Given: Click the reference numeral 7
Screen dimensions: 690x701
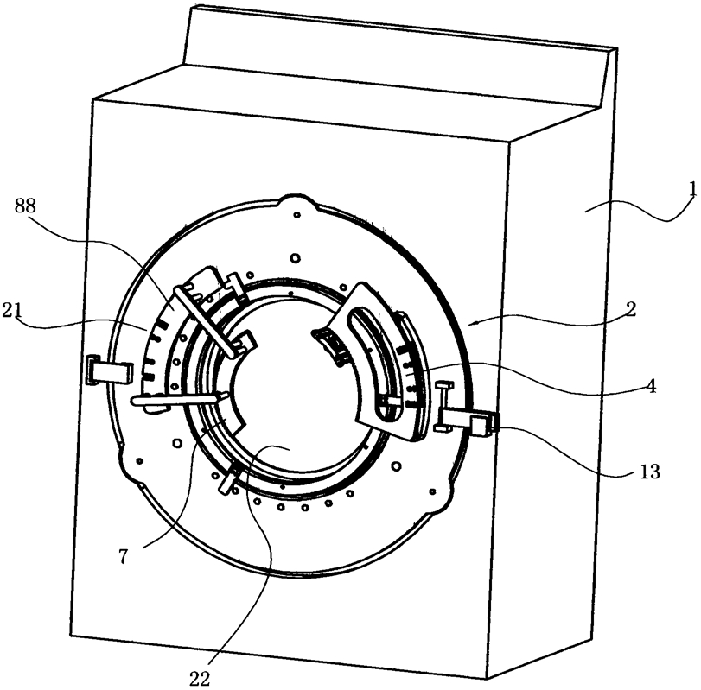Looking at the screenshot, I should coord(124,557).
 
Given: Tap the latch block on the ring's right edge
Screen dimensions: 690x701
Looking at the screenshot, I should coord(481,423).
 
